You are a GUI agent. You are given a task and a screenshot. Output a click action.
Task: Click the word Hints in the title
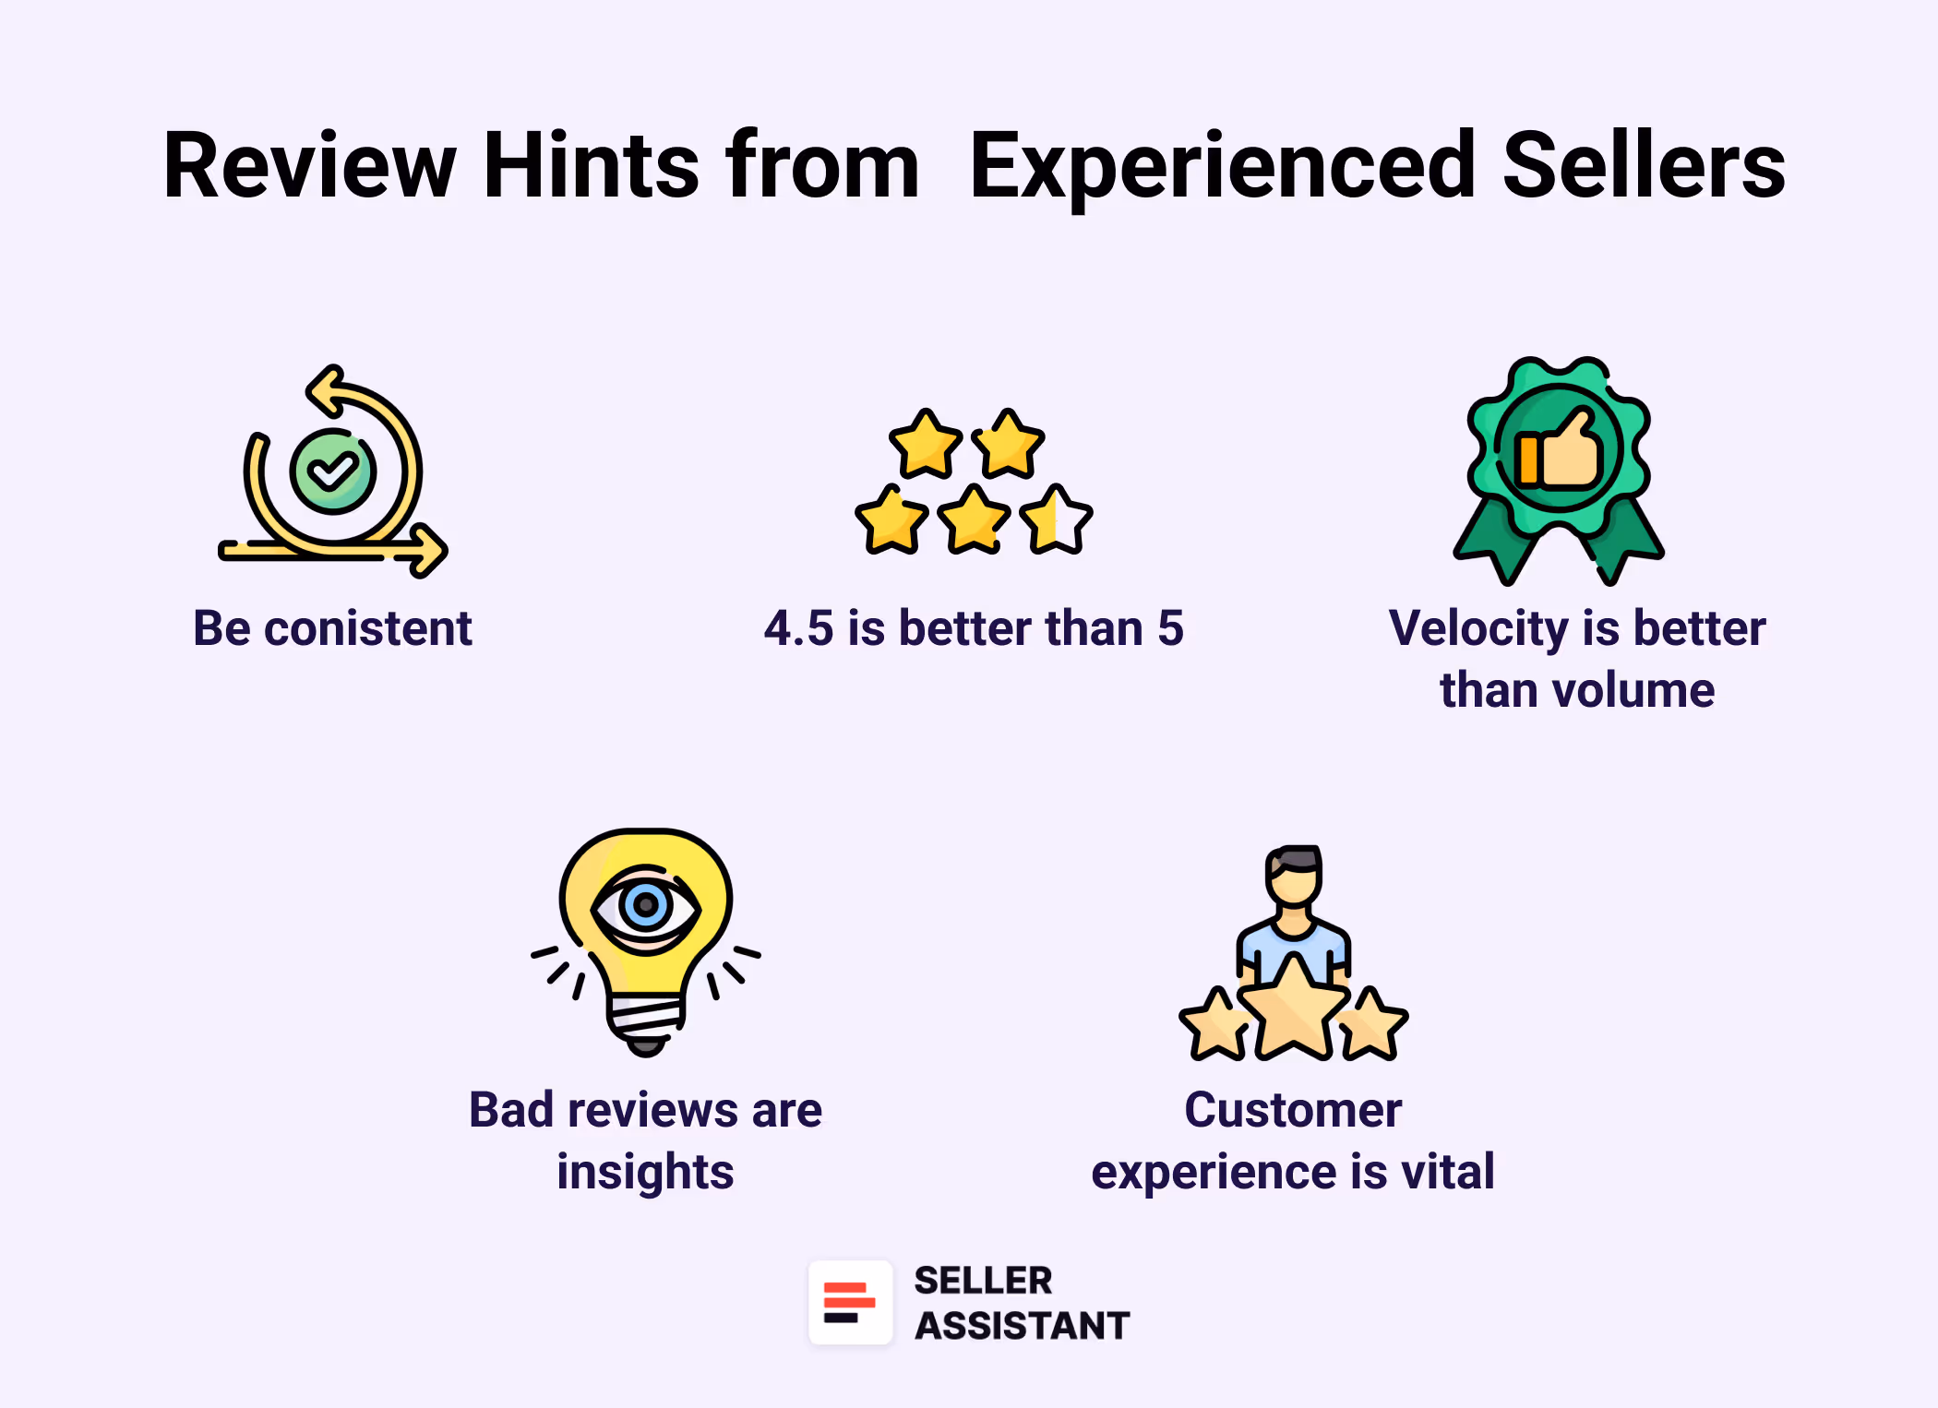point(591,166)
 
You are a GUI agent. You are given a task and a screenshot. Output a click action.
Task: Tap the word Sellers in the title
point(1644,166)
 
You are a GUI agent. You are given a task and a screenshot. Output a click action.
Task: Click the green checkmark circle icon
point(333,471)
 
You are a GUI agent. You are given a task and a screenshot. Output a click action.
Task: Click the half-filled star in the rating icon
point(1058,520)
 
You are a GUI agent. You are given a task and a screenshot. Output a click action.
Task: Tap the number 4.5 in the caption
point(798,629)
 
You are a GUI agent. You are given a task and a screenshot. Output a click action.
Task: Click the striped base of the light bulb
point(646,1015)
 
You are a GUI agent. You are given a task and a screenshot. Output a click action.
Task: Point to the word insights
point(645,1173)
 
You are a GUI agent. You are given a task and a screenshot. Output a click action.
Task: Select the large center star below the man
point(1294,1009)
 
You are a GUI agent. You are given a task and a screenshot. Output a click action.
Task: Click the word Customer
point(1293,1110)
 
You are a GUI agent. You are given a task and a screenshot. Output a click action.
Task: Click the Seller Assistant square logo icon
point(850,1303)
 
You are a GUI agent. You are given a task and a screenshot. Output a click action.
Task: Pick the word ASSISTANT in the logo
point(1022,1326)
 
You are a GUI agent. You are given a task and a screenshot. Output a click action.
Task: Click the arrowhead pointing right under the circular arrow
point(427,551)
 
